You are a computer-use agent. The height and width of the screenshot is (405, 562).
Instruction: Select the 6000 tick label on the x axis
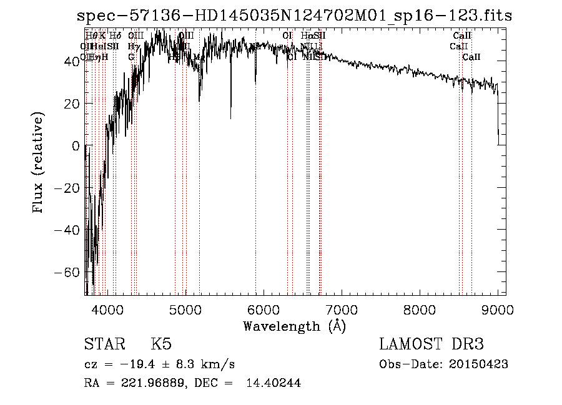(263, 309)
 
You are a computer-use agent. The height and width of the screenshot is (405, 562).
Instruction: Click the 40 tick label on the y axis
(72, 61)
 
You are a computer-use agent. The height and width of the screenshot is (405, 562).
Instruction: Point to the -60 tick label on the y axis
(68, 273)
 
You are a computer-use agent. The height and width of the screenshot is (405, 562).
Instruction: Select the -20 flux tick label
(68, 188)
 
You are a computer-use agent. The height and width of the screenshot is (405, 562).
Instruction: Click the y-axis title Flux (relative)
(39, 163)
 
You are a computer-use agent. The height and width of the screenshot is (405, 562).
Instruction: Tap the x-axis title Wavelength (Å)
(294, 326)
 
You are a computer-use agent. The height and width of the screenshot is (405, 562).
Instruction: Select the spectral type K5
(161, 345)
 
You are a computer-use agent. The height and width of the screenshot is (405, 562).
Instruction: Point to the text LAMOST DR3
(431, 345)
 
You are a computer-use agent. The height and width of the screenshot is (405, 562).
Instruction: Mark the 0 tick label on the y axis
(76, 146)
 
